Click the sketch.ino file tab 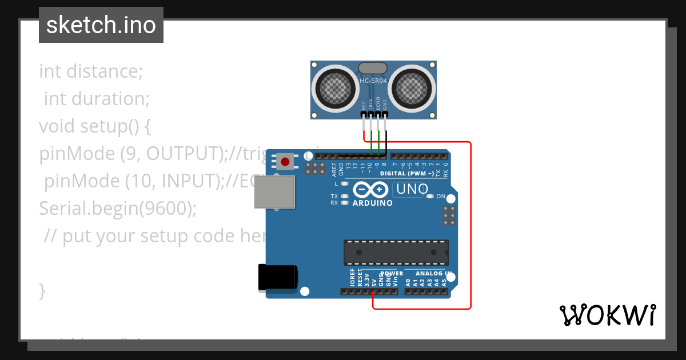coord(101,25)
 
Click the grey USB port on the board coord(274,191)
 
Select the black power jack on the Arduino coord(278,277)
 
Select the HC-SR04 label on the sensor coord(373,81)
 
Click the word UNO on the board coord(412,189)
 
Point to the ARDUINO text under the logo coord(372,203)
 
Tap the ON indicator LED coord(429,197)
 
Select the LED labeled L coord(344,184)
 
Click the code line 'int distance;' coord(90,72)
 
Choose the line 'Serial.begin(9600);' coord(117,209)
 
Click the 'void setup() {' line coord(94,126)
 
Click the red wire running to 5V coord(470,229)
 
